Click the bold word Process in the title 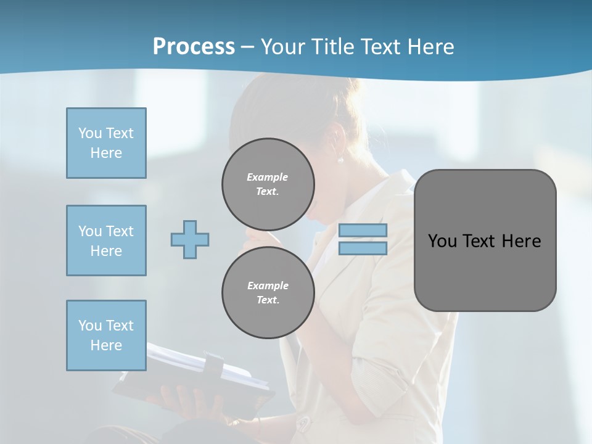[194, 47]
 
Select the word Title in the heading [331, 47]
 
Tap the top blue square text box [106, 143]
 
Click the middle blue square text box [106, 240]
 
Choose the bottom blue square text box [106, 335]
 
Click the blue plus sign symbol [190, 239]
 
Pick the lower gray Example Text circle [268, 292]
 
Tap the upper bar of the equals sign [363, 230]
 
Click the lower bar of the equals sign [363, 248]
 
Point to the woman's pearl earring [340, 160]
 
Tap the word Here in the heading [429, 47]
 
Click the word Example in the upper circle [268, 177]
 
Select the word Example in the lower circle [268, 286]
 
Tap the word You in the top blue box [90, 133]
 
